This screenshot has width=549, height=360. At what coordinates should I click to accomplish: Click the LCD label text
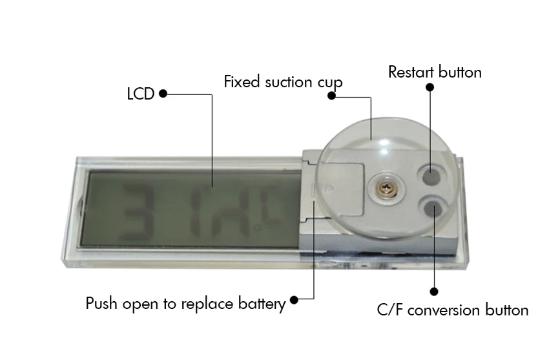(x=140, y=94)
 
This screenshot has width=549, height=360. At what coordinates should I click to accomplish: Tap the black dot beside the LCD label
(x=163, y=94)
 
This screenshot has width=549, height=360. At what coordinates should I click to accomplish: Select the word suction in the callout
(x=286, y=83)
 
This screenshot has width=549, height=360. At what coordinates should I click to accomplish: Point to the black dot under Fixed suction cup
(x=332, y=96)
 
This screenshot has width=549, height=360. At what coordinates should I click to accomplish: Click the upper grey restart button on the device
(x=431, y=175)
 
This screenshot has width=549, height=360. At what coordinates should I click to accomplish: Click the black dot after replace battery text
(x=295, y=300)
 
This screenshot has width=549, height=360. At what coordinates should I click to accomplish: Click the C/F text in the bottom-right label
(x=389, y=310)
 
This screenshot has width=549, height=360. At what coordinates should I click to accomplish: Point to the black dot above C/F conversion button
(x=434, y=291)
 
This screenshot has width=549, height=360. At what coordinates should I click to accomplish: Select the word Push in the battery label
(x=100, y=303)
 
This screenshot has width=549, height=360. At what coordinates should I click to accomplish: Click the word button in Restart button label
(x=460, y=72)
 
